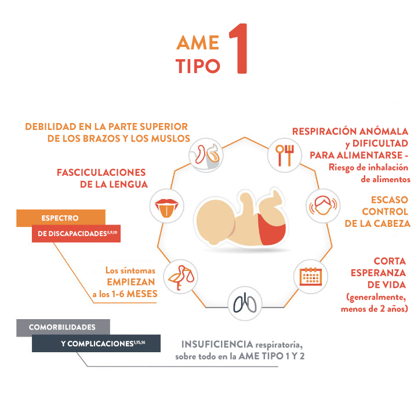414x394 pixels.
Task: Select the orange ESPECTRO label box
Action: [60, 218]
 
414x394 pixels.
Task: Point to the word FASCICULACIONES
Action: [101, 172]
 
